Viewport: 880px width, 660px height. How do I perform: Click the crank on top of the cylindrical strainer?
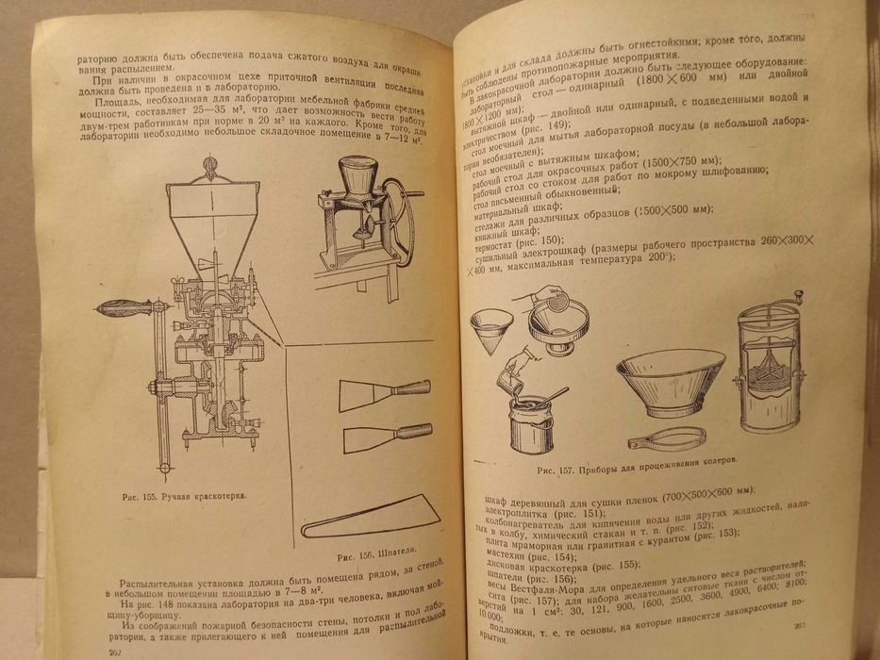click(x=789, y=301)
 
